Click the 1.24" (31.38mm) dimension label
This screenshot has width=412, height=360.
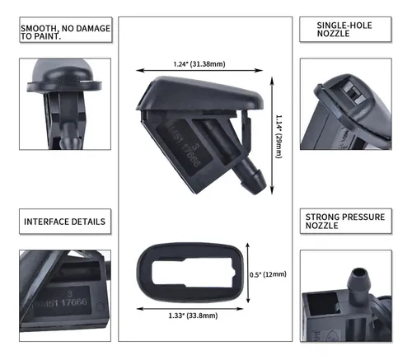click(x=199, y=64)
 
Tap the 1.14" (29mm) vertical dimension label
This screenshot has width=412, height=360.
click(x=279, y=137)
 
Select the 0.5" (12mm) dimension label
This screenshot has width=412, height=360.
click(x=268, y=274)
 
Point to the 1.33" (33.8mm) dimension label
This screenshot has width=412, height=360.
click(x=193, y=316)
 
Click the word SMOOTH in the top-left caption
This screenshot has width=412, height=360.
click(x=39, y=28)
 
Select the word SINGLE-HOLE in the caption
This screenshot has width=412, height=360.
click(x=344, y=26)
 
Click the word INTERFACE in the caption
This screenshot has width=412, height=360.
click(x=46, y=222)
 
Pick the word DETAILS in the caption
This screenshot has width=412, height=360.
click(x=88, y=222)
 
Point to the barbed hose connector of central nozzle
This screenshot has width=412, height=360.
click(x=250, y=175)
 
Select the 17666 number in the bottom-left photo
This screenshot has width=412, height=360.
click(x=74, y=302)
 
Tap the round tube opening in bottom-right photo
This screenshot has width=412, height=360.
click(x=358, y=273)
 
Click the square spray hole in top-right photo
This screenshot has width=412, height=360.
click(x=350, y=93)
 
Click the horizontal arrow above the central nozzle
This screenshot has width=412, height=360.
click(x=199, y=71)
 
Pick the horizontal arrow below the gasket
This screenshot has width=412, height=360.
click(x=190, y=309)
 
